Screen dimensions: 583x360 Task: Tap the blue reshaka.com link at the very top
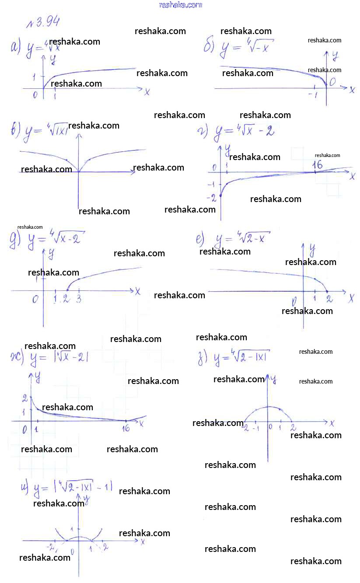point(181,5)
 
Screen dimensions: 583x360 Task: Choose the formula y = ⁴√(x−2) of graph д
point(55,240)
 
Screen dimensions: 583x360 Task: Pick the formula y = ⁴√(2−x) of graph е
point(243,239)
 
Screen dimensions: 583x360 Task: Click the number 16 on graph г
point(317,165)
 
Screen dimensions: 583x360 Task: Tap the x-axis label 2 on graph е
point(329,300)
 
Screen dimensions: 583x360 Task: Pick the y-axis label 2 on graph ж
point(25,398)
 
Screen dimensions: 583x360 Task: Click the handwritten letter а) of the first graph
point(16,46)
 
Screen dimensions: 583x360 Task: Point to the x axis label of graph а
point(147,92)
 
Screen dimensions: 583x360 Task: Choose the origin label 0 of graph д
point(35,299)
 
